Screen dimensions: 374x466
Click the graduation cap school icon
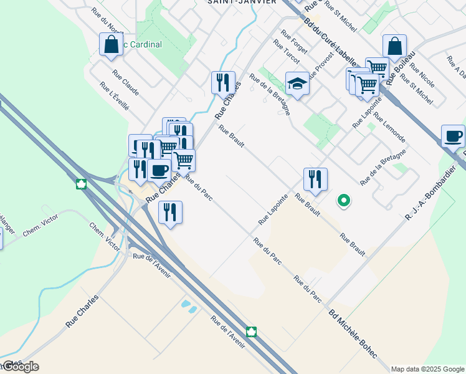point(298,84)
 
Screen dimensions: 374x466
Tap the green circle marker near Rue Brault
point(343,201)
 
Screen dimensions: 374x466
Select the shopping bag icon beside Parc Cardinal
point(111,45)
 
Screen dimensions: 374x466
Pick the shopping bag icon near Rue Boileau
point(394,46)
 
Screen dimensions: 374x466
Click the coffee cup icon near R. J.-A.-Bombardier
point(453,135)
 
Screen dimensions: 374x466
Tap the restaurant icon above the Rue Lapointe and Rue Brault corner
point(316,179)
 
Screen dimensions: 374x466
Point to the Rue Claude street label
point(126,82)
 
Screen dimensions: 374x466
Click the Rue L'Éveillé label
point(114,96)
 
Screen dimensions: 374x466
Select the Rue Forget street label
point(294,42)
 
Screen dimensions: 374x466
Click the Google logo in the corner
point(20,367)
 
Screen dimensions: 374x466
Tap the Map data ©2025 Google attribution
point(427,369)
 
